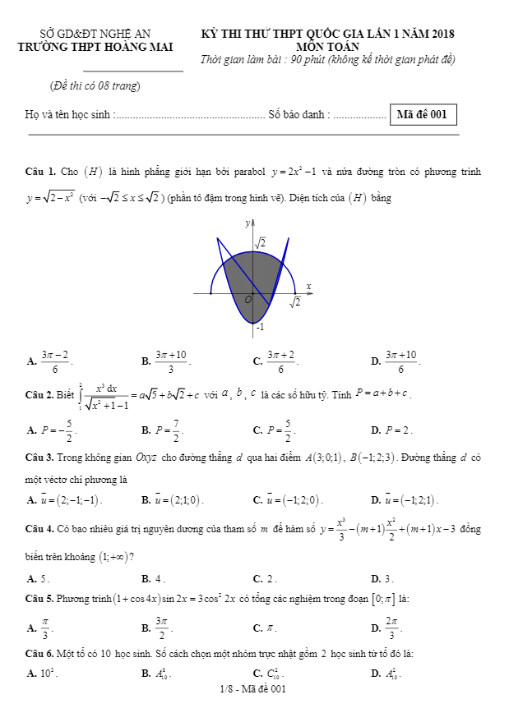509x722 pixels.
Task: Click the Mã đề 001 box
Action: click(422, 115)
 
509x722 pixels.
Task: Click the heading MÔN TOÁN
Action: click(327, 47)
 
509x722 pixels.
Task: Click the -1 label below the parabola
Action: click(259, 328)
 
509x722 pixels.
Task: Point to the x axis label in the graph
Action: click(309, 287)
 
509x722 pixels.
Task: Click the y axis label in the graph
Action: click(248, 223)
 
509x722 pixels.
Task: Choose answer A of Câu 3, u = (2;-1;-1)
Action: click(65, 499)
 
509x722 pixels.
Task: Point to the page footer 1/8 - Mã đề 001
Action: click(253, 689)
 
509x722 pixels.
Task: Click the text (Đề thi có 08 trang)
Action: click(95, 85)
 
